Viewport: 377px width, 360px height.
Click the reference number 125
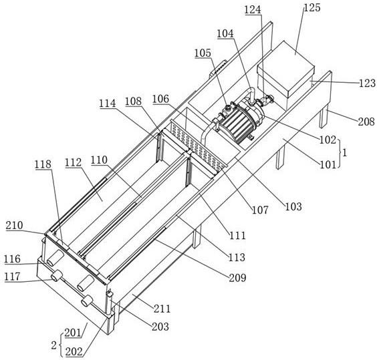click(x=312, y=8)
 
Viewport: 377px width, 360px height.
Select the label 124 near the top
click(x=253, y=10)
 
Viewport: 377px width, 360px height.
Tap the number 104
click(x=225, y=33)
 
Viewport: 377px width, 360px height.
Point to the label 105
click(x=203, y=53)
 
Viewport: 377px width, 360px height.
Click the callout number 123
click(x=368, y=83)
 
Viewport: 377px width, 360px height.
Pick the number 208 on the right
click(x=366, y=122)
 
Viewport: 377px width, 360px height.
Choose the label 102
click(x=328, y=140)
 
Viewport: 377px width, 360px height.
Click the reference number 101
click(x=328, y=164)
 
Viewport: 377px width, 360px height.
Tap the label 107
click(x=260, y=210)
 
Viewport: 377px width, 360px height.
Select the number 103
click(x=293, y=206)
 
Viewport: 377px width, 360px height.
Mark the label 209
click(x=238, y=278)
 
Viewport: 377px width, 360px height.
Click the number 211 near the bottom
click(x=162, y=309)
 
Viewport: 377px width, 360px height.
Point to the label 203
click(x=160, y=327)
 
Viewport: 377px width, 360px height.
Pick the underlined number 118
click(x=43, y=164)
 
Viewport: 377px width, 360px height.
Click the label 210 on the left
click(x=15, y=226)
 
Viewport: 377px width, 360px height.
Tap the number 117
click(x=13, y=277)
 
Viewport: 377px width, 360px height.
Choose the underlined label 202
click(x=74, y=352)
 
